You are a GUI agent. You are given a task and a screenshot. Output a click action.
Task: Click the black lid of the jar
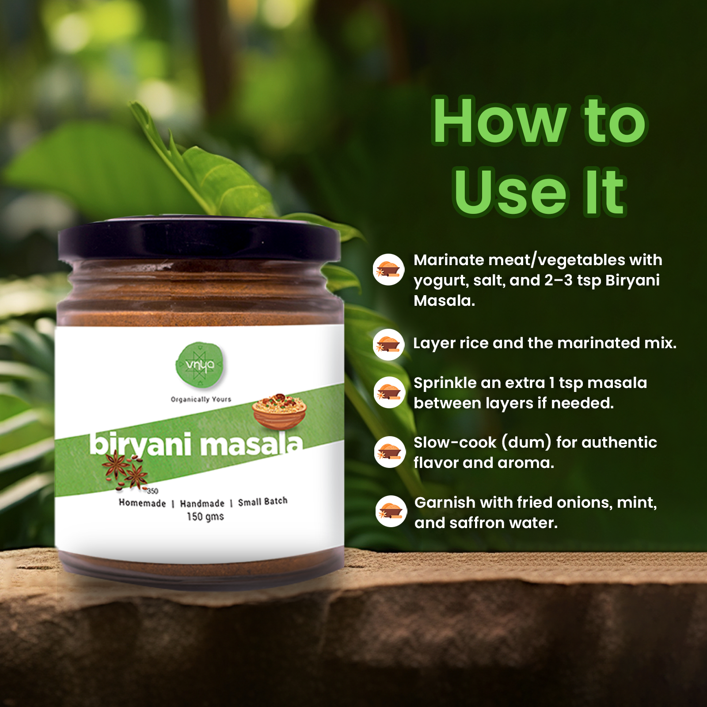[199, 239]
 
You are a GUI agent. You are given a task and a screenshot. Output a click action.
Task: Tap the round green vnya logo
[200, 365]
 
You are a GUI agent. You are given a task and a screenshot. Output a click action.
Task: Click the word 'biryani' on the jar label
[141, 444]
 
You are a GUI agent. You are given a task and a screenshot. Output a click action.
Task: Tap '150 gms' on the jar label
[205, 517]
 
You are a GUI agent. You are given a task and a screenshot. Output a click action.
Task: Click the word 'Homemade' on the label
[142, 503]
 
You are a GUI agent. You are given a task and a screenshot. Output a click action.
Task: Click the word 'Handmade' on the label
[202, 503]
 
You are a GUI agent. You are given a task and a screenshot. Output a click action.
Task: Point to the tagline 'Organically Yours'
[201, 399]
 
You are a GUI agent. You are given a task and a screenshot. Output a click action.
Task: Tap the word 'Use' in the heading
[510, 192]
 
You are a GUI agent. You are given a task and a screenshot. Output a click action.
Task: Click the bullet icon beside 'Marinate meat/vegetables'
[388, 269]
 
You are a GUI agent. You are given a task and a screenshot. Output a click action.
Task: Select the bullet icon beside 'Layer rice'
[388, 344]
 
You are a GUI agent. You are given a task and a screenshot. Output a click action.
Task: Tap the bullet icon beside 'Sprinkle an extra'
[389, 392]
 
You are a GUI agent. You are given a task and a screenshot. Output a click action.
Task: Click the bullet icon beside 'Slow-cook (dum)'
[390, 452]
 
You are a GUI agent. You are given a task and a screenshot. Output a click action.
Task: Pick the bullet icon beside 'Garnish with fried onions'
[391, 511]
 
